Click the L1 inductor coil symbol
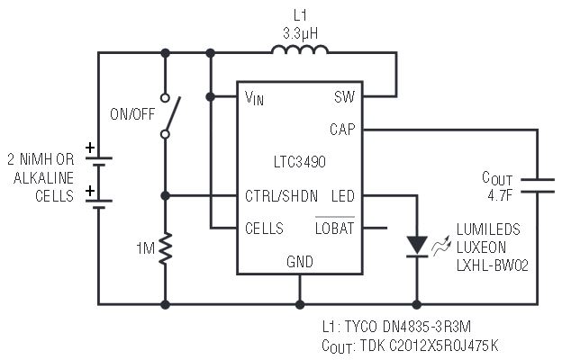[x=300, y=49]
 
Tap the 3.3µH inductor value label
[x=300, y=33]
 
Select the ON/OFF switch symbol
[x=170, y=116]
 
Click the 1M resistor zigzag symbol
[x=165, y=248]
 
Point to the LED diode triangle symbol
[x=417, y=246]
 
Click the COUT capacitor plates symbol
[x=538, y=185]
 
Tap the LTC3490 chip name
[x=300, y=162]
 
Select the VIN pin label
[x=254, y=98]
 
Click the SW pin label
[x=344, y=96]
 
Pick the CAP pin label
[x=342, y=129]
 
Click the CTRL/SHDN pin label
[x=281, y=196]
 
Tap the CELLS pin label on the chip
[x=264, y=229]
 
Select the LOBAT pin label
[x=335, y=228]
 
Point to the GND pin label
[x=300, y=262]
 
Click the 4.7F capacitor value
[x=500, y=195]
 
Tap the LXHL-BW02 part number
[x=493, y=265]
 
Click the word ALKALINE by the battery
[x=43, y=177]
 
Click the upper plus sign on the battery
[x=90, y=148]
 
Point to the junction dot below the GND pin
[x=300, y=305]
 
